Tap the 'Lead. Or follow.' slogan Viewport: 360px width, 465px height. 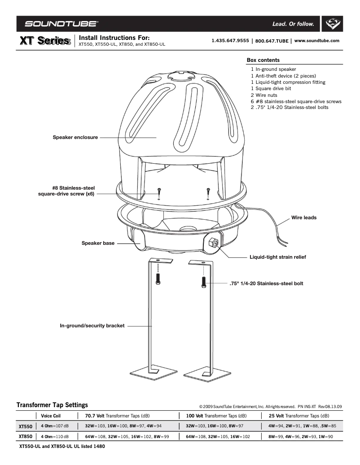[x=293, y=24]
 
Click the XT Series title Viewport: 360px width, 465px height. [x=45, y=41]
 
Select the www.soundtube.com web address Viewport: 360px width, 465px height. [x=316, y=40]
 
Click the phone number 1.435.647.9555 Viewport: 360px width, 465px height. [x=230, y=40]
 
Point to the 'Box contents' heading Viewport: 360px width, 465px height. [x=263, y=60]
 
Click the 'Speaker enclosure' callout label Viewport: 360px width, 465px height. [x=75, y=137]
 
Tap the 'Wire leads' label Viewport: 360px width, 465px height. [x=304, y=217]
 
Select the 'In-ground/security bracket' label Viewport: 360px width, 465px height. [x=92, y=326]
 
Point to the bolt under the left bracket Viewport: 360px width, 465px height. [x=158, y=278]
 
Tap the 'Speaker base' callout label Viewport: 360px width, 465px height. [x=97, y=243]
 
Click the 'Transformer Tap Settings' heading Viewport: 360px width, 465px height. [x=52, y=405]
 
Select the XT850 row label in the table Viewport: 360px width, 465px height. [x=25, y=436]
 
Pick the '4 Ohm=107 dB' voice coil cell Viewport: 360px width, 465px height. [x=55, y=426]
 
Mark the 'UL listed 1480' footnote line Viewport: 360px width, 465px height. [x=62, y=447]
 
